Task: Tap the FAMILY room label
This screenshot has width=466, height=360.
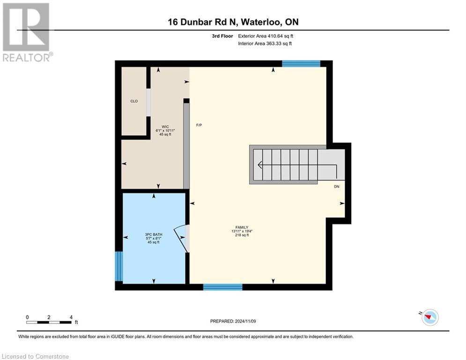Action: [242, 227]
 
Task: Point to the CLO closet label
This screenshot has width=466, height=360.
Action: [134, 101]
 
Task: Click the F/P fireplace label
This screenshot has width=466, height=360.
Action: [199, 125]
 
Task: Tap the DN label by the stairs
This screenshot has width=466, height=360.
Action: [336, 187]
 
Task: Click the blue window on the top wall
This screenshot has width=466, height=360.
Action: [301, 64]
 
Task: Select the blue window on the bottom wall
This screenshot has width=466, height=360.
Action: [222, 287]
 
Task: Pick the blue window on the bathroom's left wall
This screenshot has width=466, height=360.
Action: [119, 266]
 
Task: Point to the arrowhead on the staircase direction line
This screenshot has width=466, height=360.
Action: [259, 165]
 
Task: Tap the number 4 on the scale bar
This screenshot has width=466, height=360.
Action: [71, 317]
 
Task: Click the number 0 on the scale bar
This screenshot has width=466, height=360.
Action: [27, 317]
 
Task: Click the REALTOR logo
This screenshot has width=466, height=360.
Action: [26, 32]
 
